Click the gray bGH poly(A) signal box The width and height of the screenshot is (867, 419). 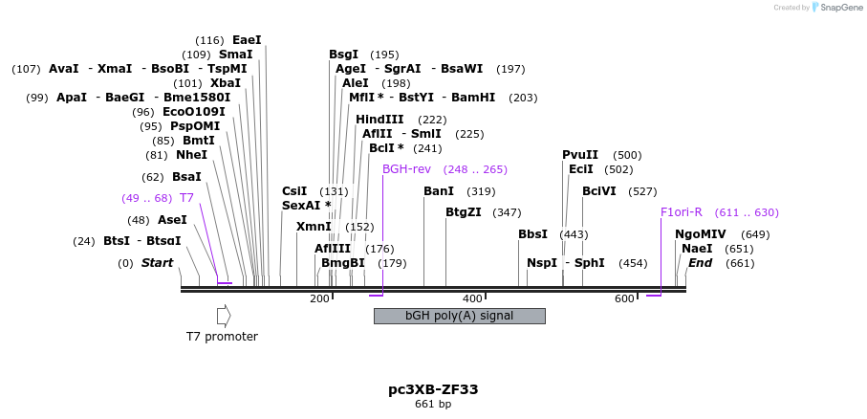pyautogui.click(x=459, y=316)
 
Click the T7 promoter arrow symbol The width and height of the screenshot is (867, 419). pyautogui.click(x=224, y=315)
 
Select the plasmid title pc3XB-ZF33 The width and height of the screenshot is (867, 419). pyautogui.click(x=433, y=389)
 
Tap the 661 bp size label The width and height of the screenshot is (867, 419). pyautogui.click(x=433, y=405)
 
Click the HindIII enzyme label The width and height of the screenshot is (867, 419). pyautogui.click(x=379, y=120)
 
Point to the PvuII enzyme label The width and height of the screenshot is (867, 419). pyautogui.click(x=580, y=155)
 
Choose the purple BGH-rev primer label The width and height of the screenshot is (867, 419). pyautogui.click(x=406, y=169)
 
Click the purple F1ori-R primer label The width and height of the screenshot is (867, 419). pyautogui.click(x=681, y=212)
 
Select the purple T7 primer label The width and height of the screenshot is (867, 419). pyautogui.click(x=186, y=198)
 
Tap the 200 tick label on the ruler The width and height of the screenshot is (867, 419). pyautogui.click(x=319, y=299)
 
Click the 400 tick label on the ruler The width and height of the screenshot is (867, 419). pyautogui.click(x=472, y=299)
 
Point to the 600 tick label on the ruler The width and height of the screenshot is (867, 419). pyautogui.click(x=624, y=299)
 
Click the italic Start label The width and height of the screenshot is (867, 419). pyautogui.click(x=158, y=263)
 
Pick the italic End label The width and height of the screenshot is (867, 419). pyautogui.click(x=701, y=263)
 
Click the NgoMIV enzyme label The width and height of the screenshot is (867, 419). pyautogui.click(x=701, y=234)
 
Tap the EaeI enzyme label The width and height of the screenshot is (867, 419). pyautogui.click(x=247, y=40)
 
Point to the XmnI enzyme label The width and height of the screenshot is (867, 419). pyautogui.click(x=314, y=227)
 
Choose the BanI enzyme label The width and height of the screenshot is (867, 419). pyautogui.click(x=439, y=191)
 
